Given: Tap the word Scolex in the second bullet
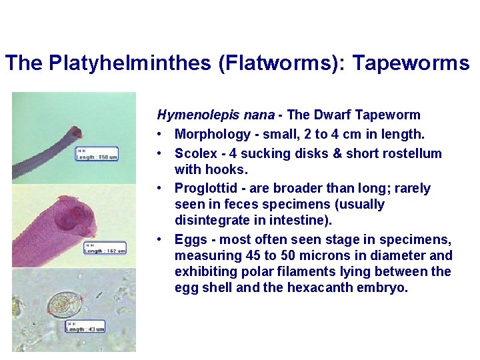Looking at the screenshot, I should click(x=194, y=153).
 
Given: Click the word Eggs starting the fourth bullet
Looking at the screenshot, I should click(x=190, y=239).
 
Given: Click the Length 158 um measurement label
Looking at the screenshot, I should click(x=98, y=153).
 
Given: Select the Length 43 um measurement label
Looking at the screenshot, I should click(x=85, y=327).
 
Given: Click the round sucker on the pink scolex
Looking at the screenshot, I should click(x=77, y=217).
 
